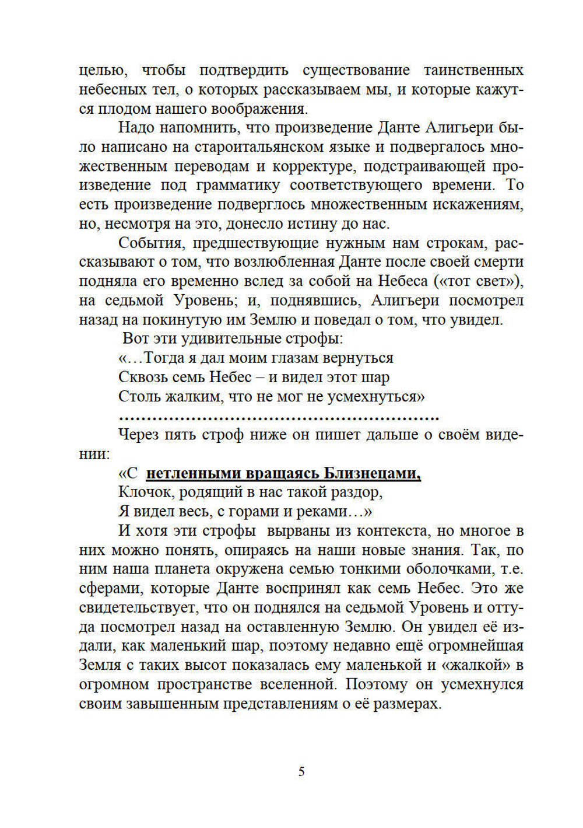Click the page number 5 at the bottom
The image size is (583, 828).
click(x=301, y=771)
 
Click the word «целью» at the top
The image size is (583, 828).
click(x=103, y=71)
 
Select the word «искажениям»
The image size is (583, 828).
click(x=475, y=205)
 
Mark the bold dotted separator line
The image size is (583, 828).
click(x=278, y=417)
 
